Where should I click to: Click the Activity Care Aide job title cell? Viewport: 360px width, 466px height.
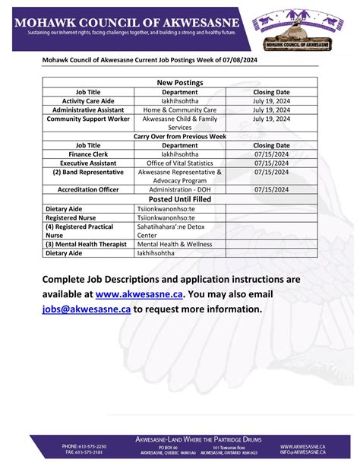pos(89,100)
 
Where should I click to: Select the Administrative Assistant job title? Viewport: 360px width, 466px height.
pos(89,109)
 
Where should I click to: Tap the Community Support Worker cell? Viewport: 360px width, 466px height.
pos(89,119)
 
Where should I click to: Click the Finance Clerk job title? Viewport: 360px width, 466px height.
pos(89,154)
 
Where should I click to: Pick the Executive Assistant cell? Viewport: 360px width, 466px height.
pos(89,163)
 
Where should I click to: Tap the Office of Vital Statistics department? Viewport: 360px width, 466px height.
pos(180,163)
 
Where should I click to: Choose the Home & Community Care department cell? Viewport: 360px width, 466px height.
pos(180,109)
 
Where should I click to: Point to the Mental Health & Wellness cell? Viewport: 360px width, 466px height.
pos(174,244)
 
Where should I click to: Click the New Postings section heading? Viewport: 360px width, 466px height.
pos(180,82)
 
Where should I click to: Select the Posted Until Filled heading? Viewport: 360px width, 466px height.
pos(180,198)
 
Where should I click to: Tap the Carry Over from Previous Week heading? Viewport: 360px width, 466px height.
pos(180,136)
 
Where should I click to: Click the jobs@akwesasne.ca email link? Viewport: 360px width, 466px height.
pos(86,309)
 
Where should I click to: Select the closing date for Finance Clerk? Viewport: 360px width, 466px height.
pos(271,154)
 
